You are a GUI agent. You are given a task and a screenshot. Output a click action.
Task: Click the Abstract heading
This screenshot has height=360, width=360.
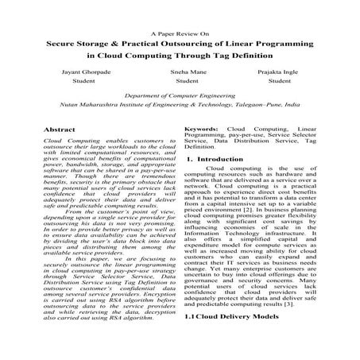pyautogui.click(x=60, y=128)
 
